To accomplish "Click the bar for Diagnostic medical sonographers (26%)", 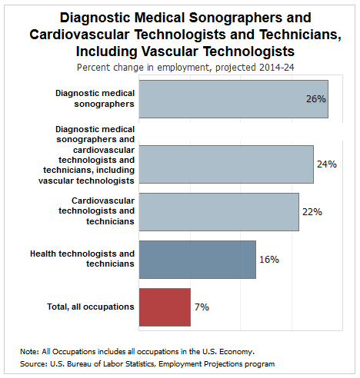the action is (x=234, y=99).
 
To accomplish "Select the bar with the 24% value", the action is (x=226, y=164).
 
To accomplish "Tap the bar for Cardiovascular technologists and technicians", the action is (x=219, y=212).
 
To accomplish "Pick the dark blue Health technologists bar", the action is (x=198, y=260).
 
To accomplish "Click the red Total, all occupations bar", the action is (x=165, y=307).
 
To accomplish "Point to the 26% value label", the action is (x=316, y=99).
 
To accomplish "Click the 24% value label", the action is (x=327, y=164).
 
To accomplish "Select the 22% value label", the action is (x=312, y=212).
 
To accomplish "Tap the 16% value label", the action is (x=269, y=260).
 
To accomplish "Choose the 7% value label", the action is (x=202, y=307).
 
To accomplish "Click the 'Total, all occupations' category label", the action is (x=91, y=307).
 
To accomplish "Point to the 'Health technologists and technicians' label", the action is (x=82, y=259).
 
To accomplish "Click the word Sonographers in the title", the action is (x=235, y=18).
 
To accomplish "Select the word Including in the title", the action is (x=107, y=51).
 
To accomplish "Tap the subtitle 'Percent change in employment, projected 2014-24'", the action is (x=185, y=68).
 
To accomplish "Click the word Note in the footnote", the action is (x=29, y=352).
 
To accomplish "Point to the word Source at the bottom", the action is (x=33, y=364).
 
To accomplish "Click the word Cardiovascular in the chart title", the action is (x=79, y=35).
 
